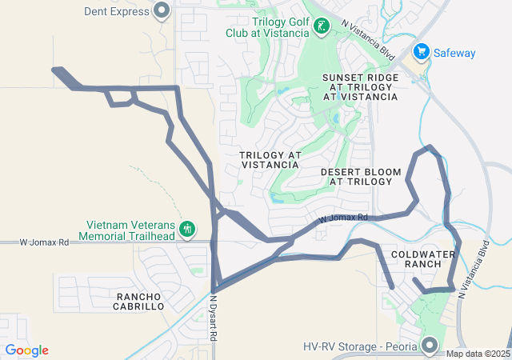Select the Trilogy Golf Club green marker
click(x=320, y=27)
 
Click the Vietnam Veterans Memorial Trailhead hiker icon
click(x=187, y=230)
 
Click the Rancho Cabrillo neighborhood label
click(x=138, y=301)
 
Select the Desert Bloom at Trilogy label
click(x=357, y=177)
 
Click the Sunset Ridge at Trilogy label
click(x=360, y=86)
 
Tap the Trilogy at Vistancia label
click(x=270, y=158)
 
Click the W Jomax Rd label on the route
click(x=342, y=218)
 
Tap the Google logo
click(x=26, y=350)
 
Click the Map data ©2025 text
click(x=477, y=354)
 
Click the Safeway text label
click(x=454, y=54)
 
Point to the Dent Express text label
click(x=116, y=12)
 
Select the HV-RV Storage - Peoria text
click(x=361, y=346)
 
